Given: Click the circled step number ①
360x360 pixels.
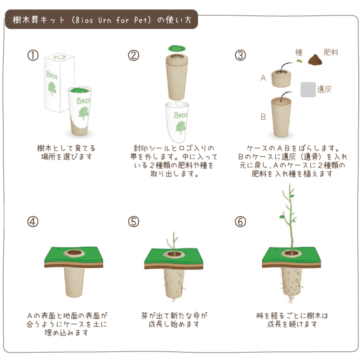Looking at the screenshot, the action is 33,55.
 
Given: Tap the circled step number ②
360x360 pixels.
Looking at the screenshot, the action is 133,55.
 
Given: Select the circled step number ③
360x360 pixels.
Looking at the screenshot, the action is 240,55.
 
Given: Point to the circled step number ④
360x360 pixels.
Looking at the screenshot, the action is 33,222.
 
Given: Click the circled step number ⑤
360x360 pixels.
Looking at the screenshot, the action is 133,222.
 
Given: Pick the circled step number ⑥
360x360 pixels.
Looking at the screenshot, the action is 240,222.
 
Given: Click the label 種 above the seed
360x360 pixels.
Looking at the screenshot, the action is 298,52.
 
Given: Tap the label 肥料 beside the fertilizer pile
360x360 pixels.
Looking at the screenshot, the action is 331,52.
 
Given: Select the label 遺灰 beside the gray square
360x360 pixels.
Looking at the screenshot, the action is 324,89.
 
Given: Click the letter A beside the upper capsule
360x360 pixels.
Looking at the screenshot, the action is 263,78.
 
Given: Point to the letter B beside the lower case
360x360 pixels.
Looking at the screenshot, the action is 263,117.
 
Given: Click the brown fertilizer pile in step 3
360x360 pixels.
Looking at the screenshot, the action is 315,59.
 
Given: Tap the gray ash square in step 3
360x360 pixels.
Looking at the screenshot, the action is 308,89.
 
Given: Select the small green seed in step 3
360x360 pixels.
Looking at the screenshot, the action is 298,61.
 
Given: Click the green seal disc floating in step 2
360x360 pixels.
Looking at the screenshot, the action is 177,48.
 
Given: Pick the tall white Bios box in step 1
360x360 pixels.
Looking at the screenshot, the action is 59,82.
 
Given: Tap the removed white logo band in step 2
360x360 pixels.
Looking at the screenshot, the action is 177,121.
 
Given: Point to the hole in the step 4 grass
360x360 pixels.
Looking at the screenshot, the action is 74,253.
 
